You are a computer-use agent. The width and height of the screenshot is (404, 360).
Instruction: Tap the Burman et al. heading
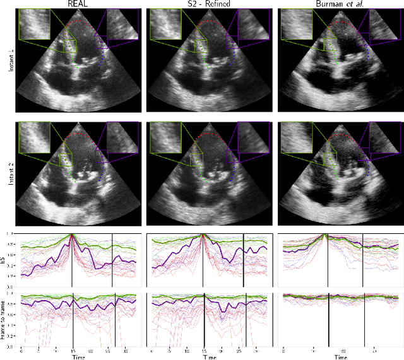339,4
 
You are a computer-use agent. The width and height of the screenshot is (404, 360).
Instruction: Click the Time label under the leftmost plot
78,357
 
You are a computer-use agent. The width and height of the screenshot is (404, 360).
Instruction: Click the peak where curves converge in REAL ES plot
72,235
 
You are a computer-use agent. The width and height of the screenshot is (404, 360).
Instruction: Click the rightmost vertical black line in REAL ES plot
112,260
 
